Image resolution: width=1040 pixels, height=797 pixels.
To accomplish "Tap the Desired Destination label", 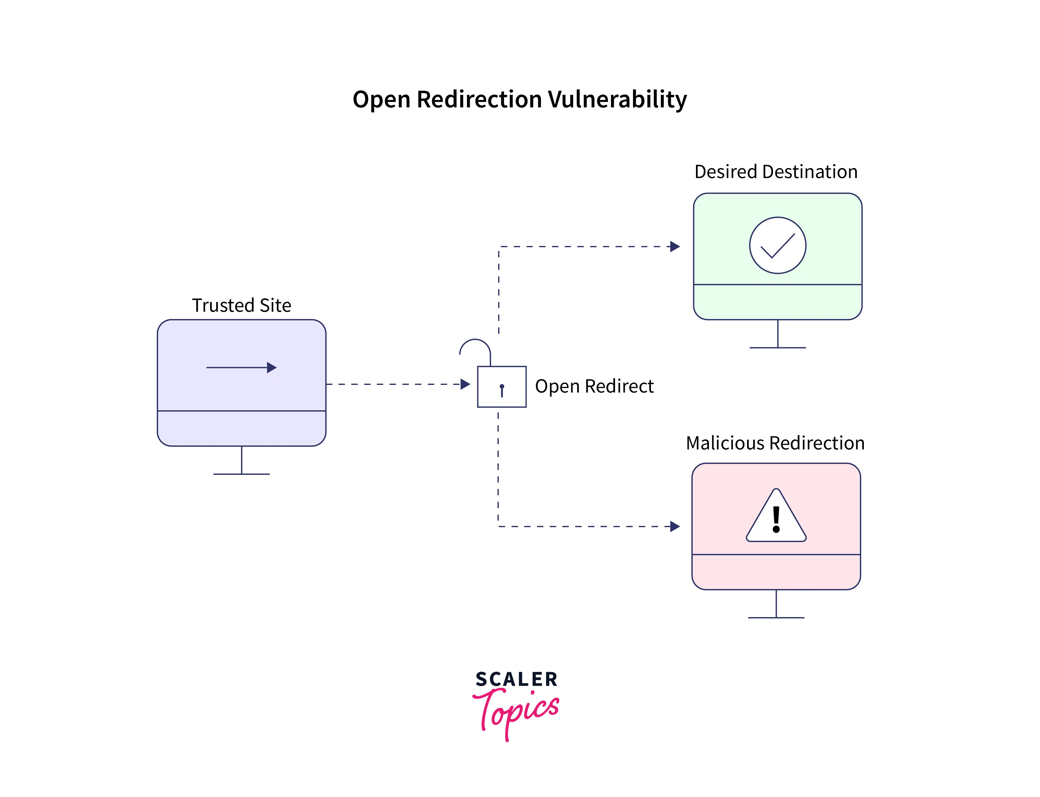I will tap(775, 172).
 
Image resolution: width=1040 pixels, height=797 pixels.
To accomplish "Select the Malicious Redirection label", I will tap(775, 443).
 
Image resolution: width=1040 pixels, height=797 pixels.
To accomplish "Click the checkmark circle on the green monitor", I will tap(777, 245).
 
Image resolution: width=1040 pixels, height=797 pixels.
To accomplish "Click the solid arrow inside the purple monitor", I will tap(241, 368).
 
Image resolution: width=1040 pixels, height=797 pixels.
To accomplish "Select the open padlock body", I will tap(501, 387).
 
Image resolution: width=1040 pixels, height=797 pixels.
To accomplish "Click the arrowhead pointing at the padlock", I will tap(465, 384).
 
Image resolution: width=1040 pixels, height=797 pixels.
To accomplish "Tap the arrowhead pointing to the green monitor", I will tap(675, 247).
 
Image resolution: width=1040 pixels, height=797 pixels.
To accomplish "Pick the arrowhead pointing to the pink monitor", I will tap(675, 527).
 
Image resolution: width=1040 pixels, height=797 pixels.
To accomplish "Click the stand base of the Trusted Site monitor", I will tap(241, 474).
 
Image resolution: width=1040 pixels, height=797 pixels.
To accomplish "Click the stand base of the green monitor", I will tap(777, 348).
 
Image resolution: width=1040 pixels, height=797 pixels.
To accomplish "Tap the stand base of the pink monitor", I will tap(776, 618).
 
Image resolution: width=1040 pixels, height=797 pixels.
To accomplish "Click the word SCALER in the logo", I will tap(517, 679).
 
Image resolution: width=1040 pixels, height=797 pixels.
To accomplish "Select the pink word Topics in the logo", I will tap(517, 712).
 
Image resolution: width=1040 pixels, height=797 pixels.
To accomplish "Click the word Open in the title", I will tap(382, 100).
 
